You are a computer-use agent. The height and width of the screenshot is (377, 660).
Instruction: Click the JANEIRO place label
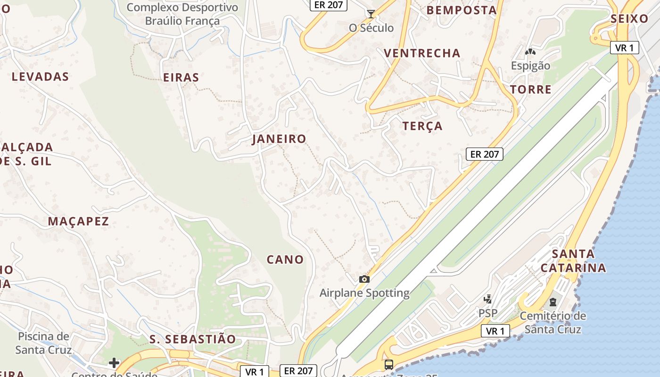279,139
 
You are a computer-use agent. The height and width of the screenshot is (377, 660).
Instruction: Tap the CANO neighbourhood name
285,260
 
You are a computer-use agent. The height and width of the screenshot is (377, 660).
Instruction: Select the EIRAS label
181,78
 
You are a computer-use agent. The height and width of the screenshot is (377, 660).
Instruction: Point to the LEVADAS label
40,77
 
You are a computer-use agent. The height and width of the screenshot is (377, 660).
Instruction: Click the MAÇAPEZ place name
78,221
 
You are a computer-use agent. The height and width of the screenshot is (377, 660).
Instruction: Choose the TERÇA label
422,126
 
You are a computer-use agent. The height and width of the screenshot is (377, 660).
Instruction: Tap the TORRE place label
530,90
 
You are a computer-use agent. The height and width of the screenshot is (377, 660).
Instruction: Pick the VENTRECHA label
422,53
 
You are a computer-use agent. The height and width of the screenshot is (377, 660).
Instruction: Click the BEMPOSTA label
462,10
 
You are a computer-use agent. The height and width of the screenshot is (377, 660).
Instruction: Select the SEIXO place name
629,19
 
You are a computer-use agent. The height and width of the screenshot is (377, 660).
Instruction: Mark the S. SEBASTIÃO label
192,339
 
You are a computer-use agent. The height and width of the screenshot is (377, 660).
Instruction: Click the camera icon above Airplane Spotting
364,279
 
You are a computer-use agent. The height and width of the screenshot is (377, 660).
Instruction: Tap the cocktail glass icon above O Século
371,14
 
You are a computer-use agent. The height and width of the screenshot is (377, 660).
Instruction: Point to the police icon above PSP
488,299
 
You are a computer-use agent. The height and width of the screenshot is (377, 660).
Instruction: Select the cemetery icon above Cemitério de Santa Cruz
553,302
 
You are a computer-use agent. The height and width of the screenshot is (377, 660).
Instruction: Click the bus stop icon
388,364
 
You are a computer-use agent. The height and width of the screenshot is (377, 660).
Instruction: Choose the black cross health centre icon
114,363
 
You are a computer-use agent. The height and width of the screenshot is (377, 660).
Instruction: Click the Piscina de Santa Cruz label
43,343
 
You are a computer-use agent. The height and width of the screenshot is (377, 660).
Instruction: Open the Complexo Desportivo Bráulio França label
182,14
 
